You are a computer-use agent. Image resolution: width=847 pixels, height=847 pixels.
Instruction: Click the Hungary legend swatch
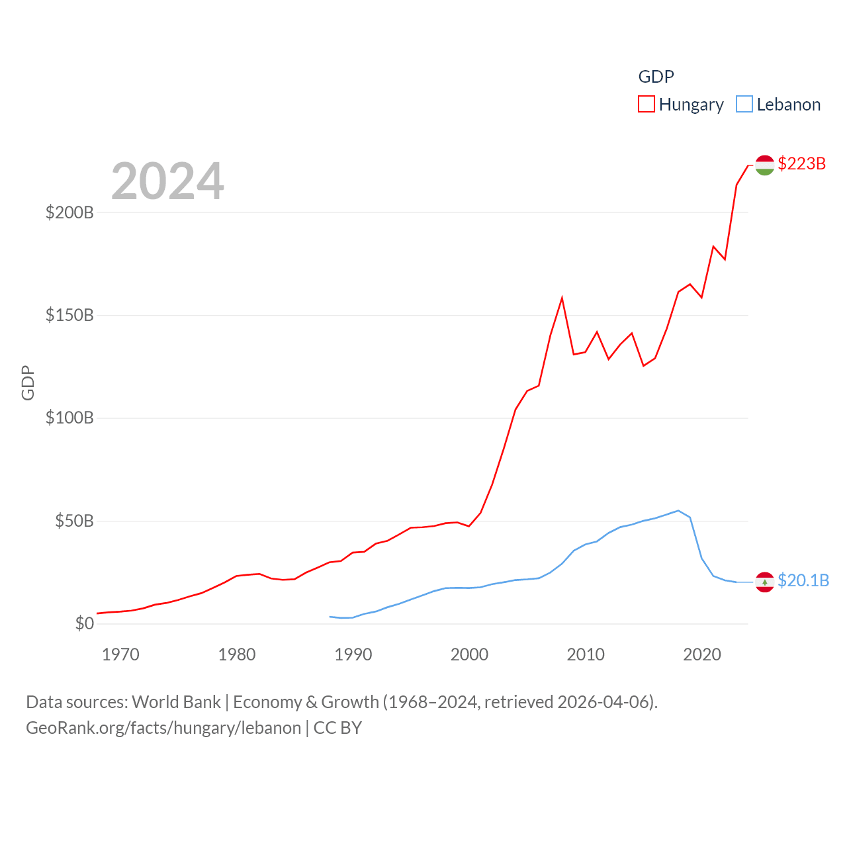646,105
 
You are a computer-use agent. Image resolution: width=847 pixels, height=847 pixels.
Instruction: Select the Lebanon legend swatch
744,105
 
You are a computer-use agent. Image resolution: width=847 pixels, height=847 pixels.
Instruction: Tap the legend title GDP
656,77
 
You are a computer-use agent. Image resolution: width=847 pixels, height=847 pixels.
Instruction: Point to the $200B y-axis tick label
69,212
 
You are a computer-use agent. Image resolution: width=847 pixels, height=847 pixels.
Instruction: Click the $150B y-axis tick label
69,315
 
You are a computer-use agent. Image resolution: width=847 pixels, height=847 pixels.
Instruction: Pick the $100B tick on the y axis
69,418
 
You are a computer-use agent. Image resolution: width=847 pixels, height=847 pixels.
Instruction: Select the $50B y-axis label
74,521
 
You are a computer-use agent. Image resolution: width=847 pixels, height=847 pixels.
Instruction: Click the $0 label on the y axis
84,623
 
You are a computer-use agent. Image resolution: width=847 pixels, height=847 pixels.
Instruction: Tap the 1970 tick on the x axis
120,655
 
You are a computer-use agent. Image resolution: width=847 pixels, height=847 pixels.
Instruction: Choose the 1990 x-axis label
353,655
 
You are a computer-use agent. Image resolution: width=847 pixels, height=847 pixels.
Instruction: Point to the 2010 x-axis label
586,655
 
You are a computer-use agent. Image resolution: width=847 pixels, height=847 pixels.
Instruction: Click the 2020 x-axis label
702,655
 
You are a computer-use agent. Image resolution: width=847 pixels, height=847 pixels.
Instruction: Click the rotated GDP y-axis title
28,382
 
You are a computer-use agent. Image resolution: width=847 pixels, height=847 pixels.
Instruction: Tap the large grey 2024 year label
167,181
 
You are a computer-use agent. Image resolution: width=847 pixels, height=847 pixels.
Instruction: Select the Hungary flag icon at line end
764,165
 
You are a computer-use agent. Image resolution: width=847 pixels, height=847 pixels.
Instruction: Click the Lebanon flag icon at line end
764,582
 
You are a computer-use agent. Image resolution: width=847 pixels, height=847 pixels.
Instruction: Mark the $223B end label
801,163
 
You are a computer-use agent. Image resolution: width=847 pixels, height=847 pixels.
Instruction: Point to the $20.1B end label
803,580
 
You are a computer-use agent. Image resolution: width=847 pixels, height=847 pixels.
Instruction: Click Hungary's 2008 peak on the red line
562,298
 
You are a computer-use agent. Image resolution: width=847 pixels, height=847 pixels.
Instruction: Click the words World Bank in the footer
176,702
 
